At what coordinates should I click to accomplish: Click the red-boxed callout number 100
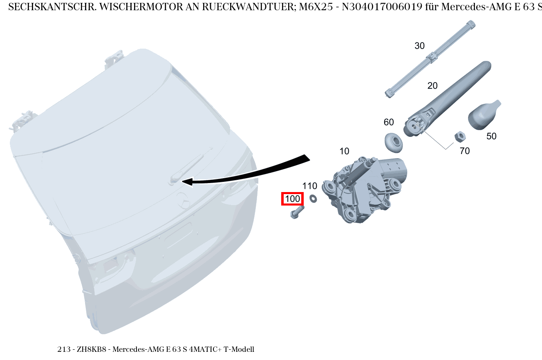pyautogui.click(x=292, y=199)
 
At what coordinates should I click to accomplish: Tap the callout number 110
pyautogui.click(x=310, y=186)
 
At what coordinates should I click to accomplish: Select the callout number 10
pyautogui.click(x=344, y=151)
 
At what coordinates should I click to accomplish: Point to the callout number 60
pyautogui.click(x=389, y=122)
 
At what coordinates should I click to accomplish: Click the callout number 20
pyautogui.click(x=432, y=86)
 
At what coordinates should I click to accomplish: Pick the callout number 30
pyautogui.click(x=419, y=46)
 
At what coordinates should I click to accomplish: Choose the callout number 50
pyautogui.click(x=491, y=136)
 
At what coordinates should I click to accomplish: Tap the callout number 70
pyautogui.click(x=465, y=151)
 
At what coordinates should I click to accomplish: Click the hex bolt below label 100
pyautogui.click(x=297, y=212)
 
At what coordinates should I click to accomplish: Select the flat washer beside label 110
pyautogui.click(x=314, y=198)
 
